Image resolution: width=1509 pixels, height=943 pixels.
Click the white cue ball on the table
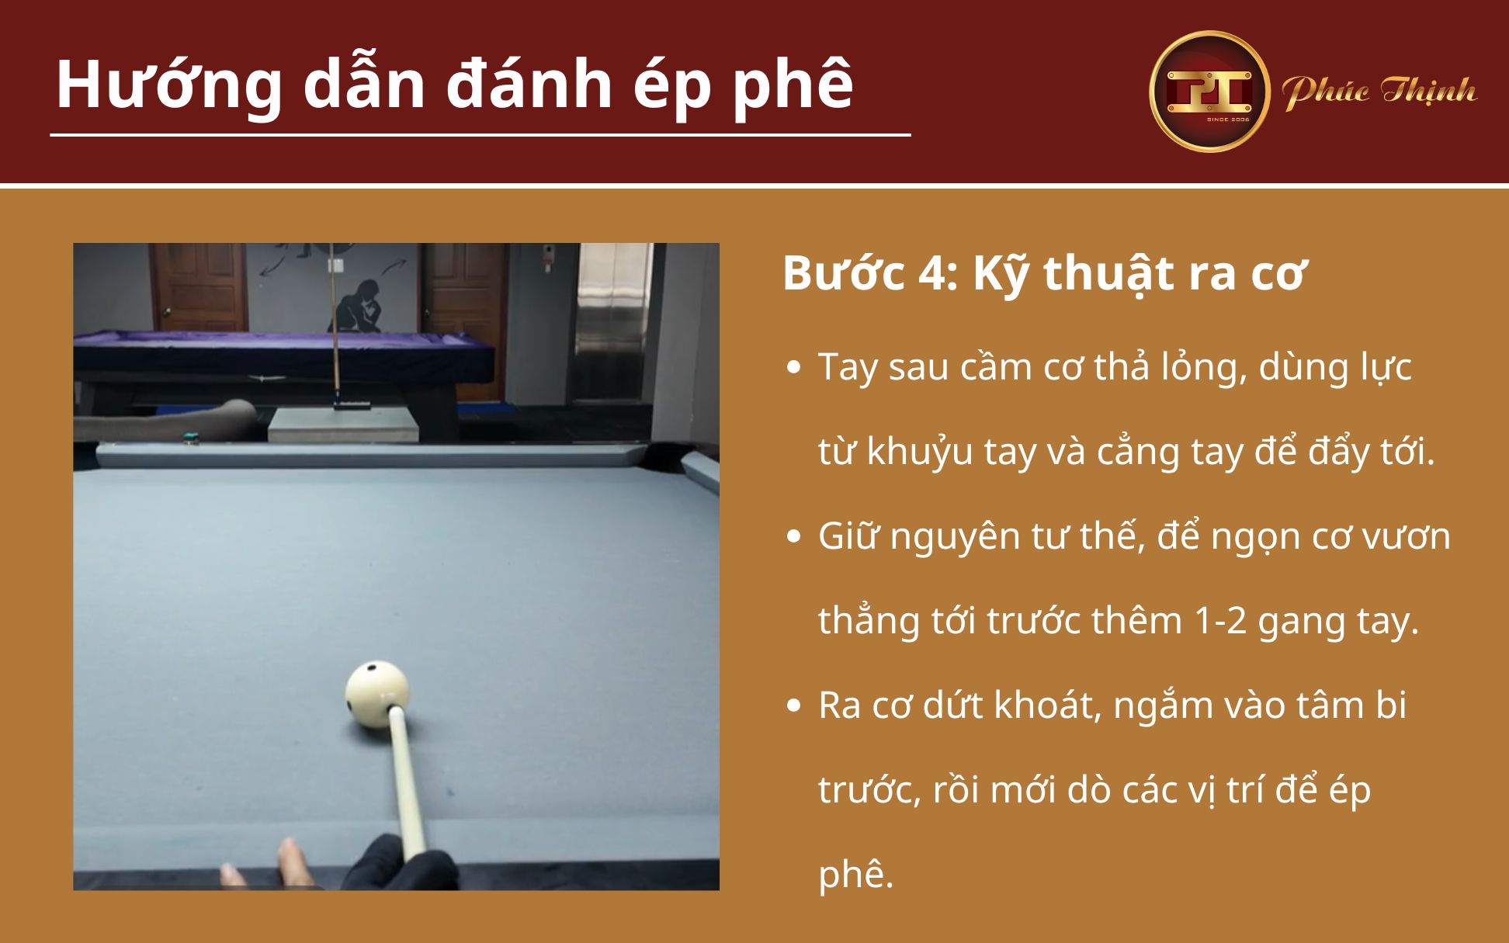(x=376, y=694)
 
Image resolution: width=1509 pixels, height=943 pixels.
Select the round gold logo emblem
(x=1209, y=92)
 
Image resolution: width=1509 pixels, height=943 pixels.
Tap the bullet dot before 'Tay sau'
(x=793, y=367)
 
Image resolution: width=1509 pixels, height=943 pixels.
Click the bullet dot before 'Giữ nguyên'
(x=793, y=536)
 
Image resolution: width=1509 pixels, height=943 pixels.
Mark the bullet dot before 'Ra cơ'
(x=793, y=706)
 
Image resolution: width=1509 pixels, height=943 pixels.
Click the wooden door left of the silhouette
(x=200, y=287)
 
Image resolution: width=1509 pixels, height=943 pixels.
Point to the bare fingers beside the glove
(x=291, y=862)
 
